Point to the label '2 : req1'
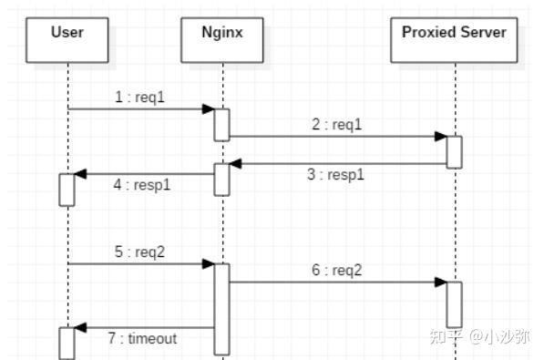point(336,125)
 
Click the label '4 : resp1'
point(141,184)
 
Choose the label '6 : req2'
point(336,271)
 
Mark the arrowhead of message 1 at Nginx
point(208,109)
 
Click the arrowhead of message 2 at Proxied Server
point(440,137)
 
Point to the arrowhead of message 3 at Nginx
point(236,164)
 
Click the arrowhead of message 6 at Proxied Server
point(440,283)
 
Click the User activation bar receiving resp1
point(67,189)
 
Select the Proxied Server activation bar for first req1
point(454,151)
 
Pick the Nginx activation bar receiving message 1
point(221,125)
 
